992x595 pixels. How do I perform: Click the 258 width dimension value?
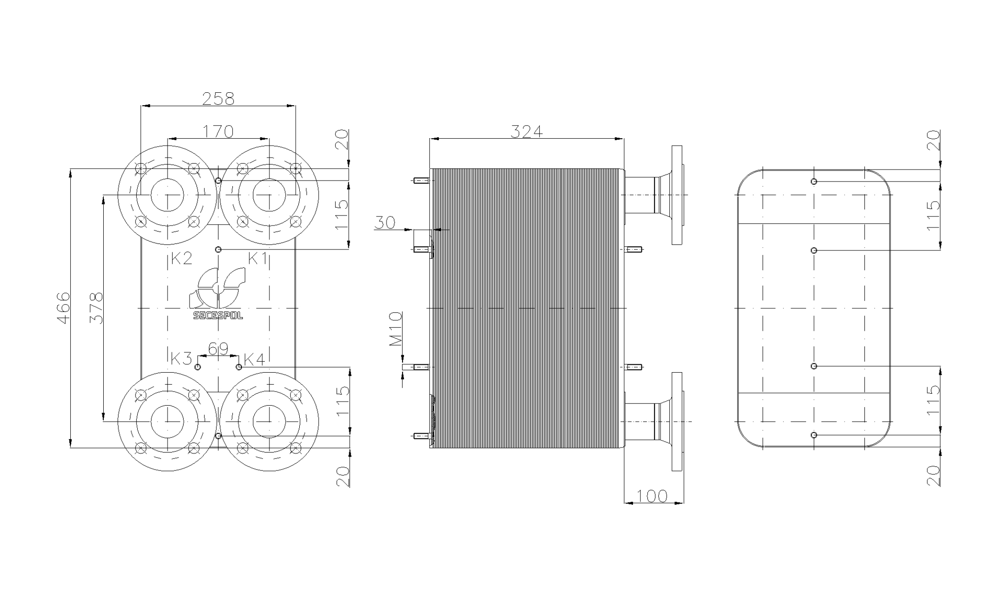219,98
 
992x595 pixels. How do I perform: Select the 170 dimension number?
219,132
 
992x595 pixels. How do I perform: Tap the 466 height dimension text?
63,307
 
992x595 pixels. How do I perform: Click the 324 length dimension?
527,132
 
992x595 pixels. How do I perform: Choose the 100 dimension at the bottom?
652,496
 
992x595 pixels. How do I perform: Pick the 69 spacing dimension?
218,349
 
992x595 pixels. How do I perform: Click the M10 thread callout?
395,329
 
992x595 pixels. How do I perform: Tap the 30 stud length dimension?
385,223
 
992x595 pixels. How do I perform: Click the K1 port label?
258,259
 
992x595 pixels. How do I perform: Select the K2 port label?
181,259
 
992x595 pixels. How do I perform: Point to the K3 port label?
181,359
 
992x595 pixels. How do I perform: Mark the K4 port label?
254,360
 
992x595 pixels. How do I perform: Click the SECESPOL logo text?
218,316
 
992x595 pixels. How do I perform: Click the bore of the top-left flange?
168,195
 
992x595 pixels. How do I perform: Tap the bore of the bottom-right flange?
269,421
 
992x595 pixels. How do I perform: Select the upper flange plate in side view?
677,195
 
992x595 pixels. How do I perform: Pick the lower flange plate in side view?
677,421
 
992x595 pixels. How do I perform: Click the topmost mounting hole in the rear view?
814,181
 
